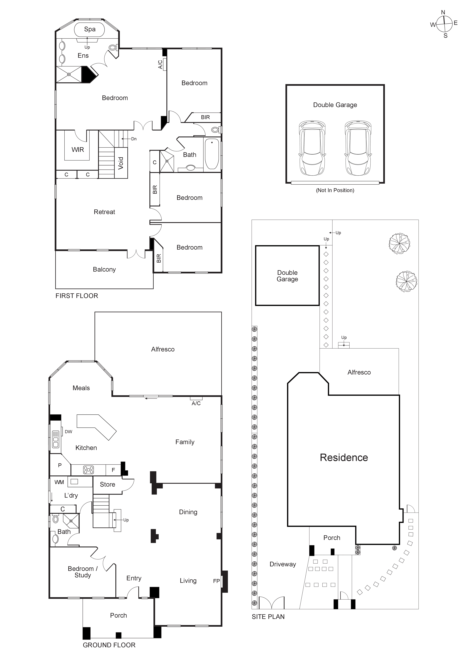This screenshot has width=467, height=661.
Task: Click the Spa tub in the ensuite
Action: [90, 29]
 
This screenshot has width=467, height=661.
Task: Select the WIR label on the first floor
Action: [78, 150]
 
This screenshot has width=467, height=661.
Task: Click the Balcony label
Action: [104, 270]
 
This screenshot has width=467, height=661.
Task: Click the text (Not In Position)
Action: [335, 190]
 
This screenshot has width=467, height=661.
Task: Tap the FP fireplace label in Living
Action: [216, 581]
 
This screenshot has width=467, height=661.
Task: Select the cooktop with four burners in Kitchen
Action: [88, 470]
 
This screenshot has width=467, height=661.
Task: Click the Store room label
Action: [107, 485]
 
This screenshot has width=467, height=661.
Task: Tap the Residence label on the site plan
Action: [344, 457]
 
